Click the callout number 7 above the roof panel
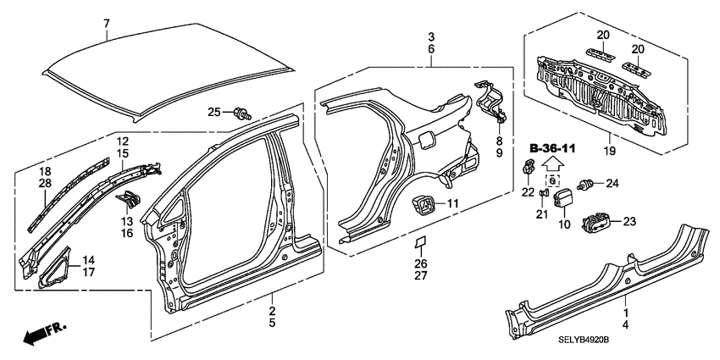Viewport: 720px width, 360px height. (107, 23)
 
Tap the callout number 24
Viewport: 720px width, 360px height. (612, 182)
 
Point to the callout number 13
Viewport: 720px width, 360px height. (125, 220)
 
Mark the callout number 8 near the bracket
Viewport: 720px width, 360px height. (499, 141)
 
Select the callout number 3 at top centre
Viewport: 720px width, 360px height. (431, 37)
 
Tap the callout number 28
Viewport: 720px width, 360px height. (45, 183)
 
